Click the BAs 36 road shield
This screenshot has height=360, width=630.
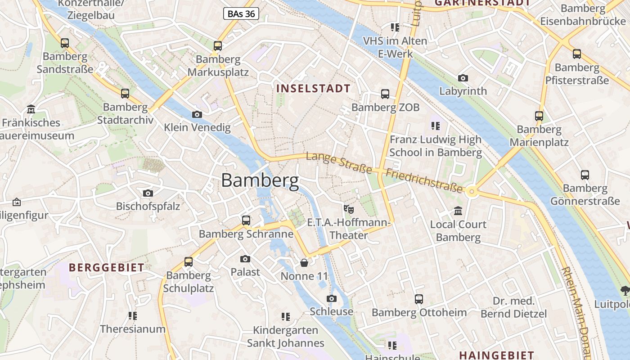(241, 14)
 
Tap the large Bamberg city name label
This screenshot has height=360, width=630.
(260, 181)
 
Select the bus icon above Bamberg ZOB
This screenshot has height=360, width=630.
(385, 94)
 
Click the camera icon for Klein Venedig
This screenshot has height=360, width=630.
(197, 115)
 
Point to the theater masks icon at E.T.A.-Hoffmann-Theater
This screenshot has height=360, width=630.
(349, 209)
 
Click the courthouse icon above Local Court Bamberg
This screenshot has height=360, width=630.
(458, 211)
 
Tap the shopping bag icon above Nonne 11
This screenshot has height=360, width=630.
(305, 263)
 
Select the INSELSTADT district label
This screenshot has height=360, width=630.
(313, 89)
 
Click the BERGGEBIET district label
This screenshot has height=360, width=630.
(107, 267)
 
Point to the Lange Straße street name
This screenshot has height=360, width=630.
(339, 163)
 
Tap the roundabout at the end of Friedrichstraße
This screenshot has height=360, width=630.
(472, 192)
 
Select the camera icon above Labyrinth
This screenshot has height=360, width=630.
(463, 78)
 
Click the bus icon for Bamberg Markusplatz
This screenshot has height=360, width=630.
(218, 45)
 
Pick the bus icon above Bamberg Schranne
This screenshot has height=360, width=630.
(246, 220)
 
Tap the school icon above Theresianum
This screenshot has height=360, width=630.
(132, 315)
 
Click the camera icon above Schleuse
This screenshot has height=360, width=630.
(332, 298)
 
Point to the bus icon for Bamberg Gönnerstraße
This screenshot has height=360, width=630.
(585, 175)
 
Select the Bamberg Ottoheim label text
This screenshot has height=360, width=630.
(419, 312)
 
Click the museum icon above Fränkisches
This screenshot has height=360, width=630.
(31, 109)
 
